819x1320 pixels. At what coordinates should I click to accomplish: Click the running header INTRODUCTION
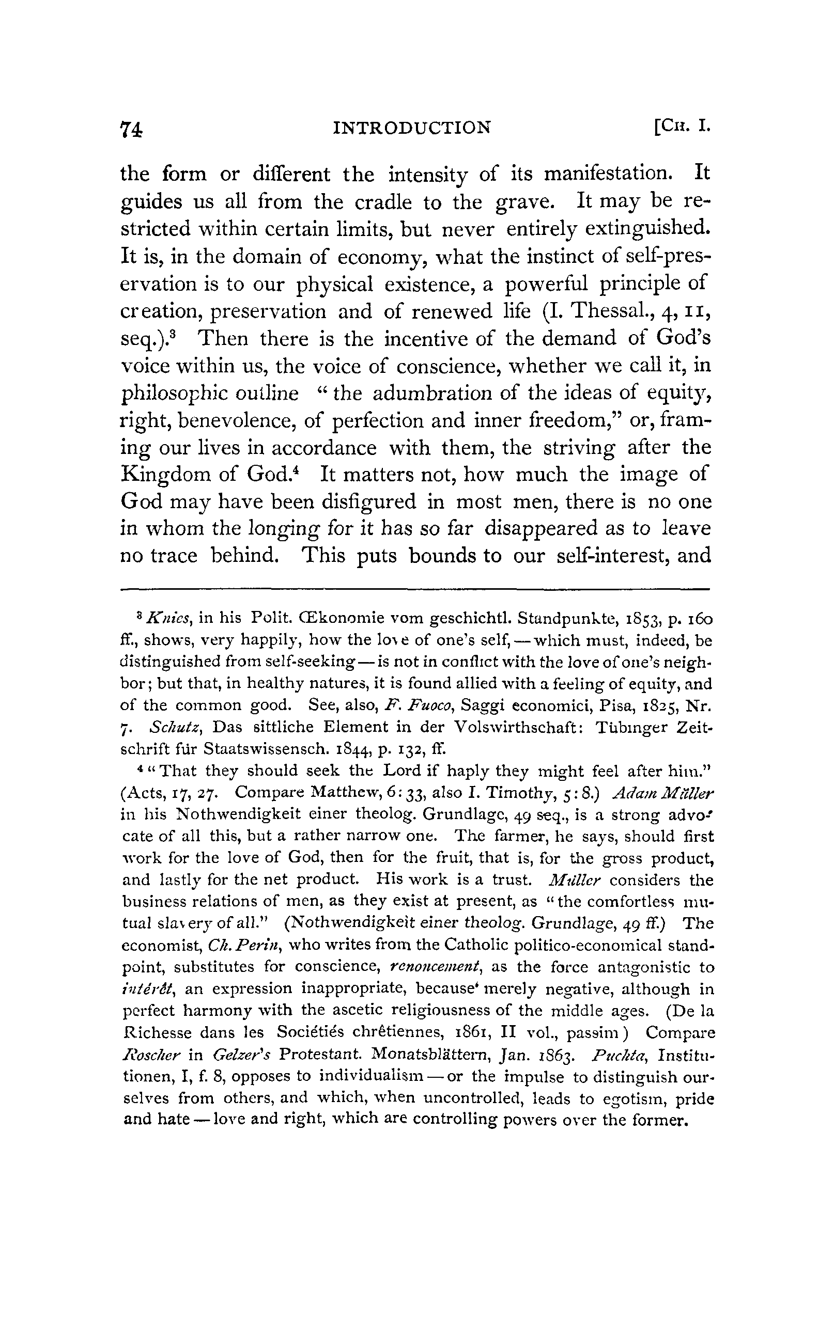coord(412,128)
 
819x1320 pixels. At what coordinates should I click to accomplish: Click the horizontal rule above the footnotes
coord(414,589)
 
